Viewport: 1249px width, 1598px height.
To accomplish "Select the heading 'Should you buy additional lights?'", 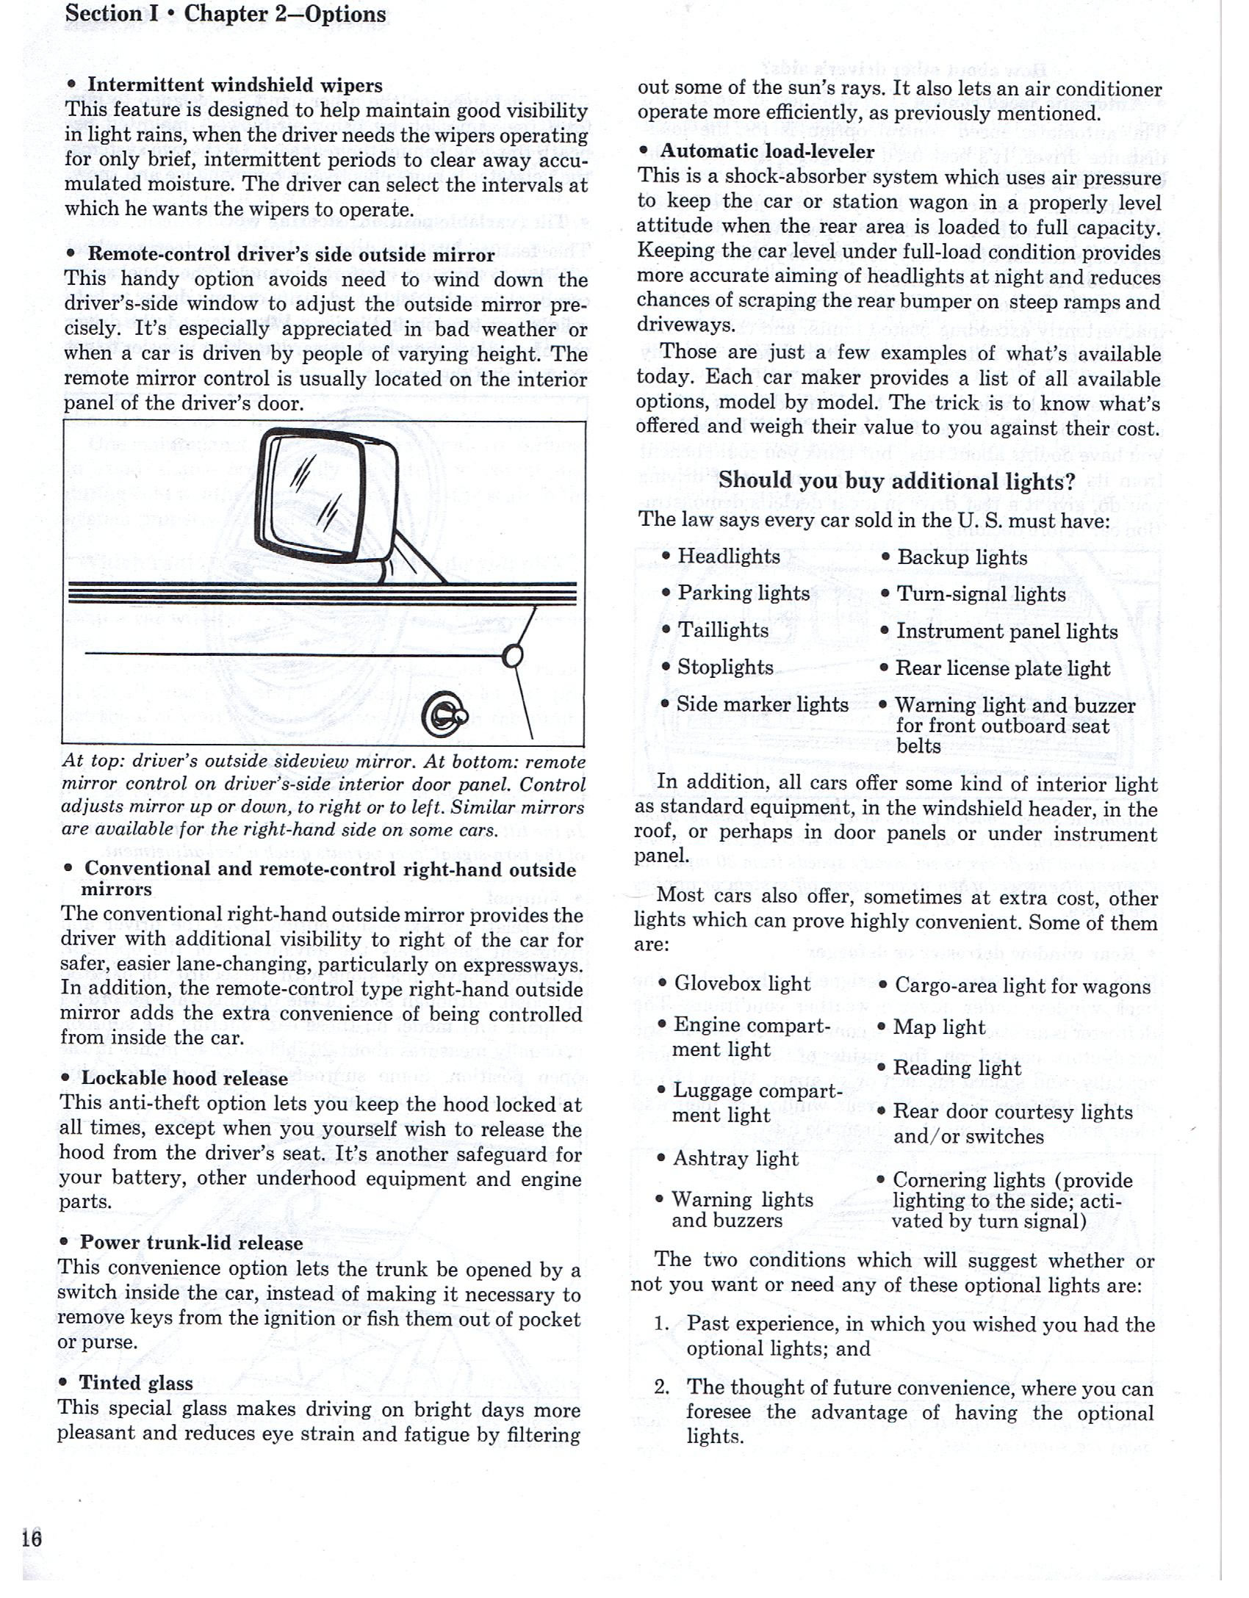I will tap(896, 481).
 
